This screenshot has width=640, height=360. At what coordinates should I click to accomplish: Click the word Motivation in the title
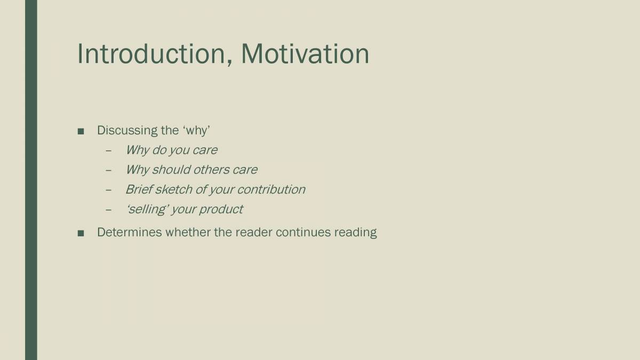click(x=305, y=54)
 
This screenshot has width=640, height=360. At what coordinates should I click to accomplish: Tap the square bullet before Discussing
click(x=81, y=131)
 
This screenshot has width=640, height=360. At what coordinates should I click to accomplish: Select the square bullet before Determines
click(x=81, y=233)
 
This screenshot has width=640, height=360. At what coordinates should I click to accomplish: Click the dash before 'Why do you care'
click(x=109, y=151)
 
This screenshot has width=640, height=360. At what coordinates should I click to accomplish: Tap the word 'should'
click(x=171, y=170)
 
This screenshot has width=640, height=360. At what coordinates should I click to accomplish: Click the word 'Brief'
click(x=138, y=189)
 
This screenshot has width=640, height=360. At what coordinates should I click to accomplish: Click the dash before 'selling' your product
click(x=109, y=210)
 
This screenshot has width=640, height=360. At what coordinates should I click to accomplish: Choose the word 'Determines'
click(x=129, y=233)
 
